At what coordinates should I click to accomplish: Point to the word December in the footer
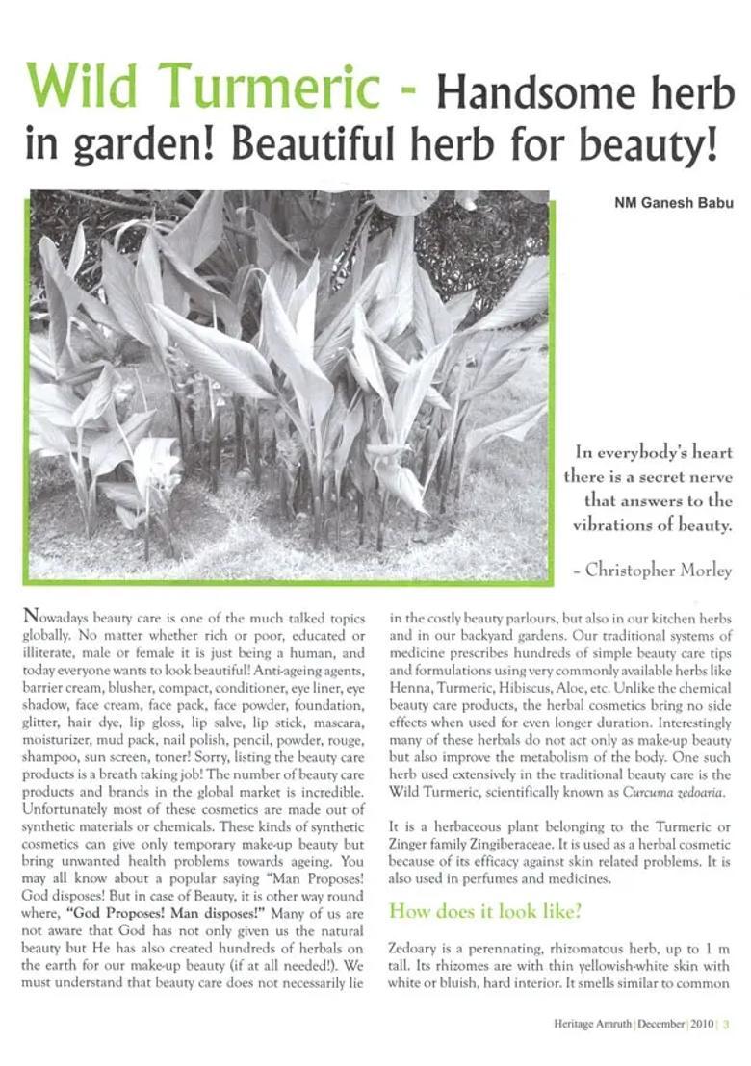pyautogui.click(x=658, y=1024)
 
